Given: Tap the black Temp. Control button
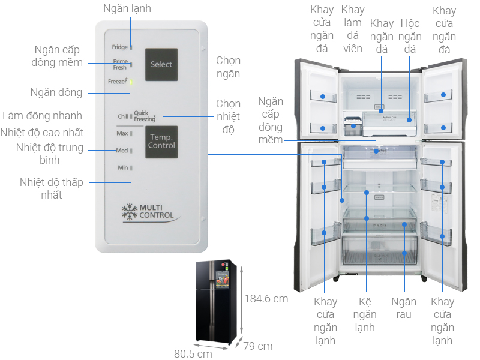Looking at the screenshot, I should (x=161, y=142).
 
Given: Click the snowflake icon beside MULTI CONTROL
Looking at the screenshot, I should (x=129, y=211).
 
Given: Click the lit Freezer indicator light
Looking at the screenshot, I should (x=131, y=82).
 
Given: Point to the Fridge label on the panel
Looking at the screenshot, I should (x=119, y=47).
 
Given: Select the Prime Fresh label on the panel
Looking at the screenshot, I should (x=120, y=64).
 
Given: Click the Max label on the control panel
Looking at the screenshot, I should (x=122, y=133).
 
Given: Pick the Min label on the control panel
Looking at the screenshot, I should (x=122, y=168).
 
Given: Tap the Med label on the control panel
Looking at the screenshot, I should (x=122, y=150).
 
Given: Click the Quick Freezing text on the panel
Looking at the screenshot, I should (x=145, y=116).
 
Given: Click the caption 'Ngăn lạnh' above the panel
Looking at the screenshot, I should (x=127, y=8).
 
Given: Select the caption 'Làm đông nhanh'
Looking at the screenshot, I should (x=42, y=116).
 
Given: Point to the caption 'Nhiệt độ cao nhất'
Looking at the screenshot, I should (x=42, y=133).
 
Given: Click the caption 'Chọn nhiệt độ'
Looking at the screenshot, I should (x=228, y=117).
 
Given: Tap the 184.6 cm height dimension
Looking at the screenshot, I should (x=266, y=298).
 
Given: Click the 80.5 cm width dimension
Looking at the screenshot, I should (x=193, y=353).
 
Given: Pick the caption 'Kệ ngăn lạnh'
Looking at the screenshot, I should (x=364, y=314).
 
